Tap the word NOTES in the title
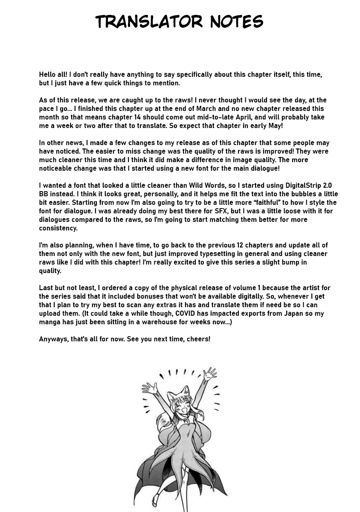(236, 22)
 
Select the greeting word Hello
(49, 75)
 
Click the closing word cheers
(198, 339)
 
